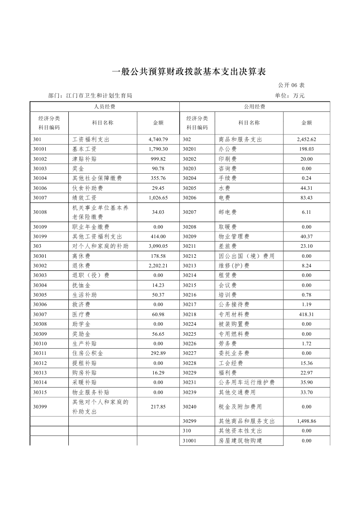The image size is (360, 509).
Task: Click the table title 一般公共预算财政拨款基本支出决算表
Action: tap(188, 72)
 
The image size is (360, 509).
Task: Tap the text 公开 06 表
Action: tap(290, 85)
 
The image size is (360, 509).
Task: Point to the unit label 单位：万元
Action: tap(290, 95)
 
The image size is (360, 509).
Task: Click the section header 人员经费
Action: tap(104, 107)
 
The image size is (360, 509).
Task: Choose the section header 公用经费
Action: tap(255, 107)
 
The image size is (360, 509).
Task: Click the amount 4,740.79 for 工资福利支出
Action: tap(158, 140)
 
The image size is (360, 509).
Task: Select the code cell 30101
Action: tap(40, 149)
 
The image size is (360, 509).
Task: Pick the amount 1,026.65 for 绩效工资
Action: tap(158, 198)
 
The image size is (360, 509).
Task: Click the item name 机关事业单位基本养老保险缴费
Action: tap(100, 212)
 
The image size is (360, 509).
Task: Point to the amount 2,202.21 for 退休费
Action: tap(158, 266)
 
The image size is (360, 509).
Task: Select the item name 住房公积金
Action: tap(87, 353)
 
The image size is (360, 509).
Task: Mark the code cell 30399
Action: tap(40, 407)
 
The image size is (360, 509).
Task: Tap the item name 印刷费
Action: tap(228, 159)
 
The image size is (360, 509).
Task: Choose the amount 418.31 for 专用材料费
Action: tap(306, 314)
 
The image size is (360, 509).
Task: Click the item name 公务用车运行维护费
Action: tap(246, 382)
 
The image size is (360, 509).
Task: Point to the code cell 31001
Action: tap(189, 441)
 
